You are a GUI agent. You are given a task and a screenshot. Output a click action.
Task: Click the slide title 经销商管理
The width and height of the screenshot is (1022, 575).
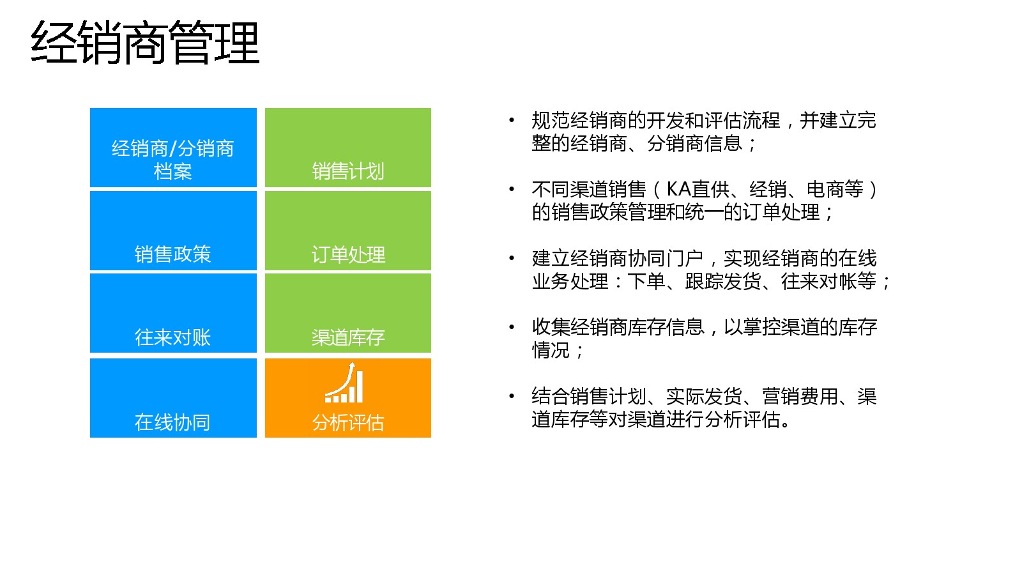pyautogui.click(x=145, y=42)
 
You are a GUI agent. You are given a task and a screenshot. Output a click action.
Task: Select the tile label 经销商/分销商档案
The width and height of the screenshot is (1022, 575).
pyautogui.click(x=173, y=160)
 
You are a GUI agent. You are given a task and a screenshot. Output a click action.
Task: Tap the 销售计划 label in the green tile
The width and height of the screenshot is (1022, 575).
pyautogui.click(x=348, y=171)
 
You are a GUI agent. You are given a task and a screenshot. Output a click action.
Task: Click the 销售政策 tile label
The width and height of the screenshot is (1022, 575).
pyautogui.click(x=173, y=254)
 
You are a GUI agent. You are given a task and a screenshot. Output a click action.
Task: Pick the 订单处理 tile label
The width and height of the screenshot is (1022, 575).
pyautogui.click(x=348, y=255)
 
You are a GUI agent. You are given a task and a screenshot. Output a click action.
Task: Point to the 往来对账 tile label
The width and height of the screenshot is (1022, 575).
pyautogui.click(x=173, y=338)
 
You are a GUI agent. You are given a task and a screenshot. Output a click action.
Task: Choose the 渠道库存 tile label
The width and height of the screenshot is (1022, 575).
pyautogui.click(x=348, y=338)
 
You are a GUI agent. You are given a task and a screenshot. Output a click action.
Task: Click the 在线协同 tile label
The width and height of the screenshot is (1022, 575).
pyautogui.click(x=173, y=422)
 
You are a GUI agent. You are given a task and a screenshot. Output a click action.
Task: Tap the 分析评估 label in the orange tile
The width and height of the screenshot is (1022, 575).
pyautogui.click(x=348, y=422)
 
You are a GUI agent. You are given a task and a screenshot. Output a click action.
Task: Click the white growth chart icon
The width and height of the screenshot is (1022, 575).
pyautogui.click(x=344, y=383)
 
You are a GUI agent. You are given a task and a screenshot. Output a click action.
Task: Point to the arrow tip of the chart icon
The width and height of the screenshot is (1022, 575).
pyautogui.click(x=352, y=362)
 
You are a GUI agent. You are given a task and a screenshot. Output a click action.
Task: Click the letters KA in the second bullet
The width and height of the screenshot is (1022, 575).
pyautogui.click(x=678, y=189)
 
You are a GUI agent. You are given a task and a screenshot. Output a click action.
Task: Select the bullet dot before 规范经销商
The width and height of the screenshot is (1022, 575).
pyautogui.click(x=512, y=120)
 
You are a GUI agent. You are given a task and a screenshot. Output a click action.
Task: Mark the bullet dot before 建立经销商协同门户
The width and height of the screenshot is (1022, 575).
pyautogui.click(x=512, y=258)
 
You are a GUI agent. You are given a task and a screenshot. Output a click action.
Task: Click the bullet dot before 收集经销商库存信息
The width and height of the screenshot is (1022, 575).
pyautogui.click(x=512, y=326)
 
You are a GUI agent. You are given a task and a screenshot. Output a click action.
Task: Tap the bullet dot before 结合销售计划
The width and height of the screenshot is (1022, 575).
pyautogui.click(x=512, y=395)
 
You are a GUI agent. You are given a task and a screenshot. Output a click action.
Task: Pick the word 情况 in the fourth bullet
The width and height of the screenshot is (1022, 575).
pyautogui.click(x=551, y=350)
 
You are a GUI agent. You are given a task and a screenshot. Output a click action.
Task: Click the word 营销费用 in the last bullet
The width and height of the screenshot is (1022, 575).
pyautogui.click(x=800, y=396)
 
